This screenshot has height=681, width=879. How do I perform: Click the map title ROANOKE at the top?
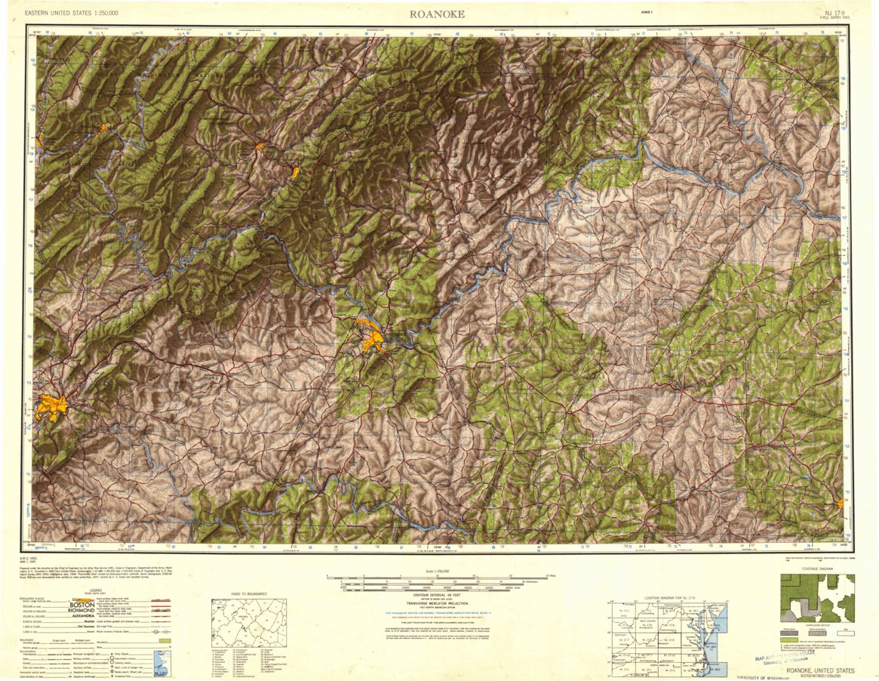click(x=437, y=14)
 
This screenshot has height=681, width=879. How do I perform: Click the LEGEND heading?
click(x=96, y=590)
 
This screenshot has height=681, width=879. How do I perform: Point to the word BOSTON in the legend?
click(x=81, y=604)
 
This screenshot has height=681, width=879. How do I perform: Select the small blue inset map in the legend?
click(x=161, y=663)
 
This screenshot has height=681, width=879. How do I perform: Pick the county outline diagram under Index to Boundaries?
click(x=249, y=623)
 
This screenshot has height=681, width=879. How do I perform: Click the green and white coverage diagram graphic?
click(x=817, y=597)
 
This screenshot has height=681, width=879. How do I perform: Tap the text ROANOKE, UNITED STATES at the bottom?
click(x=819, y=670)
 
